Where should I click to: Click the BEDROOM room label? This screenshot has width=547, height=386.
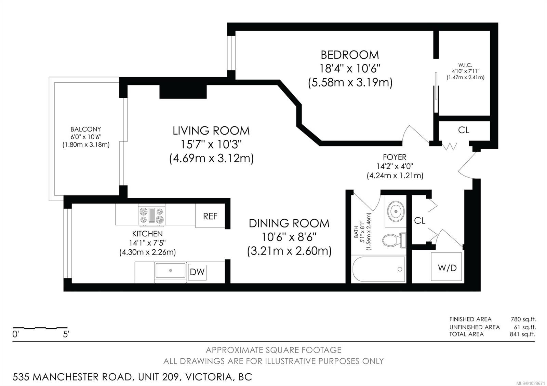pos(350,55)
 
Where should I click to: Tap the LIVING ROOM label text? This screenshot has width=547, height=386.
pos(211,131)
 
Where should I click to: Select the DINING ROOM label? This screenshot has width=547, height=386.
pos(289,223)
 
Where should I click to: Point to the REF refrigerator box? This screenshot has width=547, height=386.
pos(210,216)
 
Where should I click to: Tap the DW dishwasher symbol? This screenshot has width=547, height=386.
pos(197,272)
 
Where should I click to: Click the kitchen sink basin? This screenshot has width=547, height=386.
pos(171,270)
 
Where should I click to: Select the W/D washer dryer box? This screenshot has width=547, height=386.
pos(447,268)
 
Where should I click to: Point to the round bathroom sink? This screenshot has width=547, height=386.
pos(396,211)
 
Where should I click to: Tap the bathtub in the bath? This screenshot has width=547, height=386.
pos(379,269)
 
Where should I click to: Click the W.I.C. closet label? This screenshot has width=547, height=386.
pos(465,65)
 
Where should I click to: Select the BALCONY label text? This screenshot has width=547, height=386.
pos(86,129)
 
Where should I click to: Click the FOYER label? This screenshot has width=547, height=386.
pos(395,157)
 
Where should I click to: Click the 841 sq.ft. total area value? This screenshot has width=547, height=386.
pos(523,334)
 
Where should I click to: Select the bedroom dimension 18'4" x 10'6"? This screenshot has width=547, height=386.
pos(350,69)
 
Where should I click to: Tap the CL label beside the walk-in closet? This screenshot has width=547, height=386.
pos(464,130)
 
